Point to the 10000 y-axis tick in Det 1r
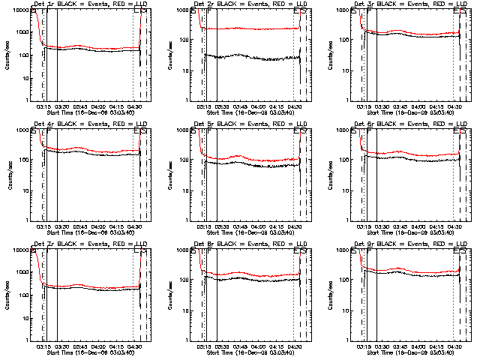(19, 10)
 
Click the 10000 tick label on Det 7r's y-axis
(19, 250)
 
